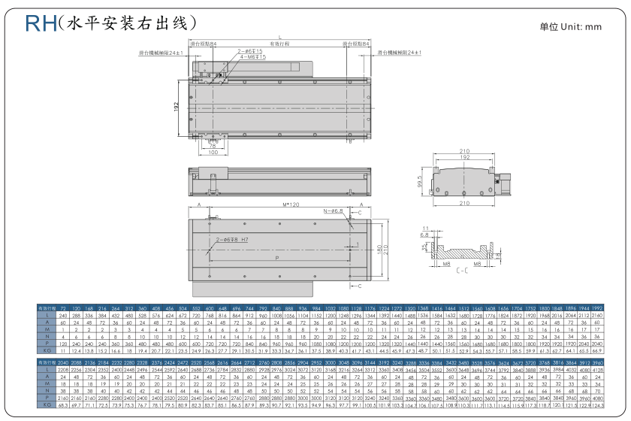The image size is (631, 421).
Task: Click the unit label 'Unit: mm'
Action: pyautogui.click(x=571, y=27)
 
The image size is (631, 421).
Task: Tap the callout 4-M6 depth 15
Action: pyautogui.click(x=248, y=56)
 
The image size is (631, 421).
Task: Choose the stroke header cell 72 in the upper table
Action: pyautogui.click(x=63, y=309)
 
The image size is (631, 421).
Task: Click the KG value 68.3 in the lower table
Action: pyautogui.click(x=63, y=404)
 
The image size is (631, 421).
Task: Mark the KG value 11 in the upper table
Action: pyautogui.click(x=63, y=350)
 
